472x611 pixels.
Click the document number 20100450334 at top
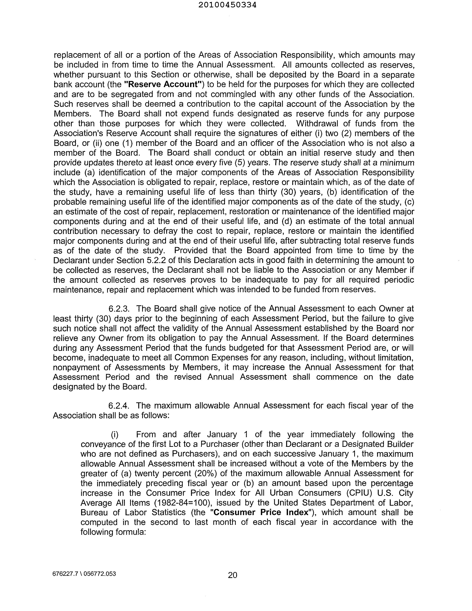(x=231, y=5)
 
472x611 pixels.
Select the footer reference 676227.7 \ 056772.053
(x=84, y=574)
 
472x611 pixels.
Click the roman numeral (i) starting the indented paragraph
(x=115, y=434)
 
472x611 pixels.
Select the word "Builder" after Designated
(x=398, y=444)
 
